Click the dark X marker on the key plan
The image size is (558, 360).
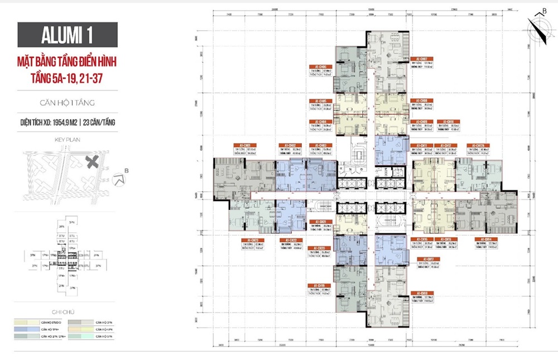[93, 162]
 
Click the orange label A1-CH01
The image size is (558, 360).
[243, 144]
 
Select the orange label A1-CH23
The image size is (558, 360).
[249, 240]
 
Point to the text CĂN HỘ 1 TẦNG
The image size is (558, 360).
[66, 103]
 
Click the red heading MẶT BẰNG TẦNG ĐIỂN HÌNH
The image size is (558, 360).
[67, 60]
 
